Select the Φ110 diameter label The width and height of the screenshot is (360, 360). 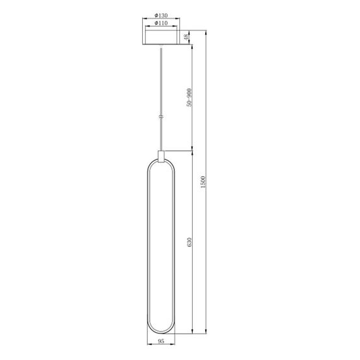[160, 25]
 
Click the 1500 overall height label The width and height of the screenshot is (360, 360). [203, 183]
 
